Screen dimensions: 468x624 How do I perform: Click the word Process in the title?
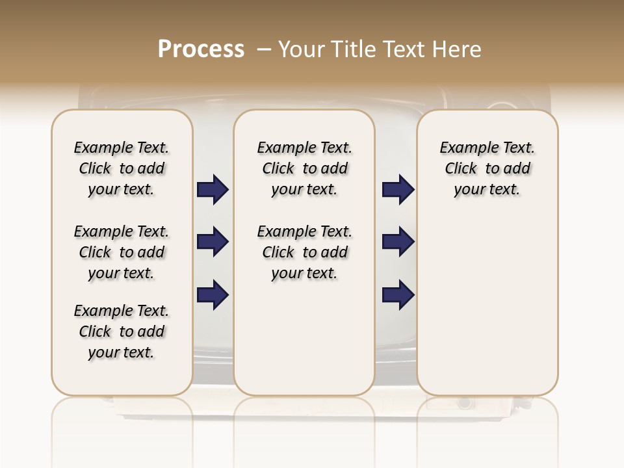tap(201, 49)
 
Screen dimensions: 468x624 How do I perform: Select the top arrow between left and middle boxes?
tap(213, 190)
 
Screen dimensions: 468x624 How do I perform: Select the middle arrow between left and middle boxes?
tap(213, 242)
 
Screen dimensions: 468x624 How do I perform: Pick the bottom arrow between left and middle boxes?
tap(213, 294)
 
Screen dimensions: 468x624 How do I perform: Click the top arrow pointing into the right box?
tap(398, 190)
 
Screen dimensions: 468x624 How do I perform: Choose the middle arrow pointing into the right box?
tap(398, 242)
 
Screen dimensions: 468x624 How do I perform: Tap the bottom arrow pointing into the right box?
tap(398, 294)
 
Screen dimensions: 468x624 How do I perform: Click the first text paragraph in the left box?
tap(122, 168)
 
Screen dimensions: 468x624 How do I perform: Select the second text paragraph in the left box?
tap(122, 252)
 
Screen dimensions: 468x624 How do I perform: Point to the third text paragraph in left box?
tap(122, 331)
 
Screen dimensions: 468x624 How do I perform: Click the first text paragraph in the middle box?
tap(304, 168)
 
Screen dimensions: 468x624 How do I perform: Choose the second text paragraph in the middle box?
tap(304, 252)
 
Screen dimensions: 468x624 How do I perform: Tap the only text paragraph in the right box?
tap(487, 168)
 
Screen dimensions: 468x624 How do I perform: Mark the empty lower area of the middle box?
tap(304, 338)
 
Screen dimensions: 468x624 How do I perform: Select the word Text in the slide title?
tap(402, 49)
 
